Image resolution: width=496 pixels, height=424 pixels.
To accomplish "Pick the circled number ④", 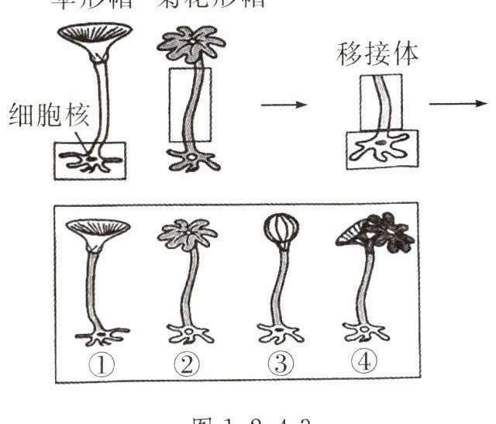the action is (364, 361).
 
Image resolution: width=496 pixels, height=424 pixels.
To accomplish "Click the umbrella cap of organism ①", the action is (98, 229).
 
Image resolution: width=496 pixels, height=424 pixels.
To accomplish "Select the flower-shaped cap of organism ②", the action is (187, 233).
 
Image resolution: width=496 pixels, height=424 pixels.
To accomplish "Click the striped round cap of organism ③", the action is (278, 231).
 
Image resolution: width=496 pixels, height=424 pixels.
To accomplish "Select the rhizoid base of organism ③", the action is (279, 336).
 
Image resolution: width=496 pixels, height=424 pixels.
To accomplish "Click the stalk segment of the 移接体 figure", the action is (381, 101).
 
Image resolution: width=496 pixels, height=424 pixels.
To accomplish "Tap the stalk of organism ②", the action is (187, 287).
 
